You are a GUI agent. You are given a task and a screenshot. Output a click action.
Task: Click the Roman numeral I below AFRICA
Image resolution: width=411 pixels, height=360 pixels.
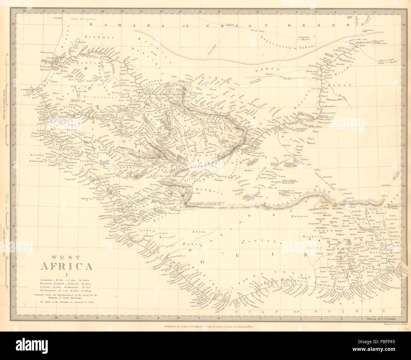pyautogui.click(x=66, y=274)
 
